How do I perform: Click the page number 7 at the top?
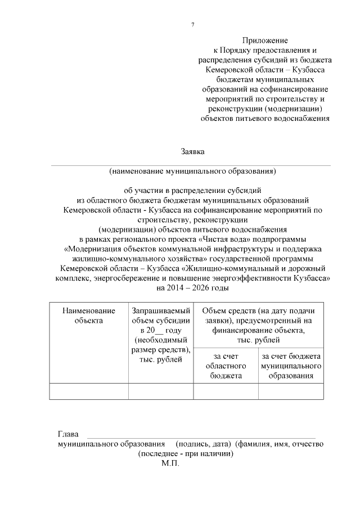[x=192, y=25]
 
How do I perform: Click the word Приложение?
[x=265, y=40]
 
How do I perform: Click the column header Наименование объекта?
[x=89, y=316]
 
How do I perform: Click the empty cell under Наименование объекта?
[x=89, y=391]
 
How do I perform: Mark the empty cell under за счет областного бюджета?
[x=226, y=391]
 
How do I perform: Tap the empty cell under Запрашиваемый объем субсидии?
[x=161, y=391]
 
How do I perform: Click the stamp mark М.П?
[x=169, y=464]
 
